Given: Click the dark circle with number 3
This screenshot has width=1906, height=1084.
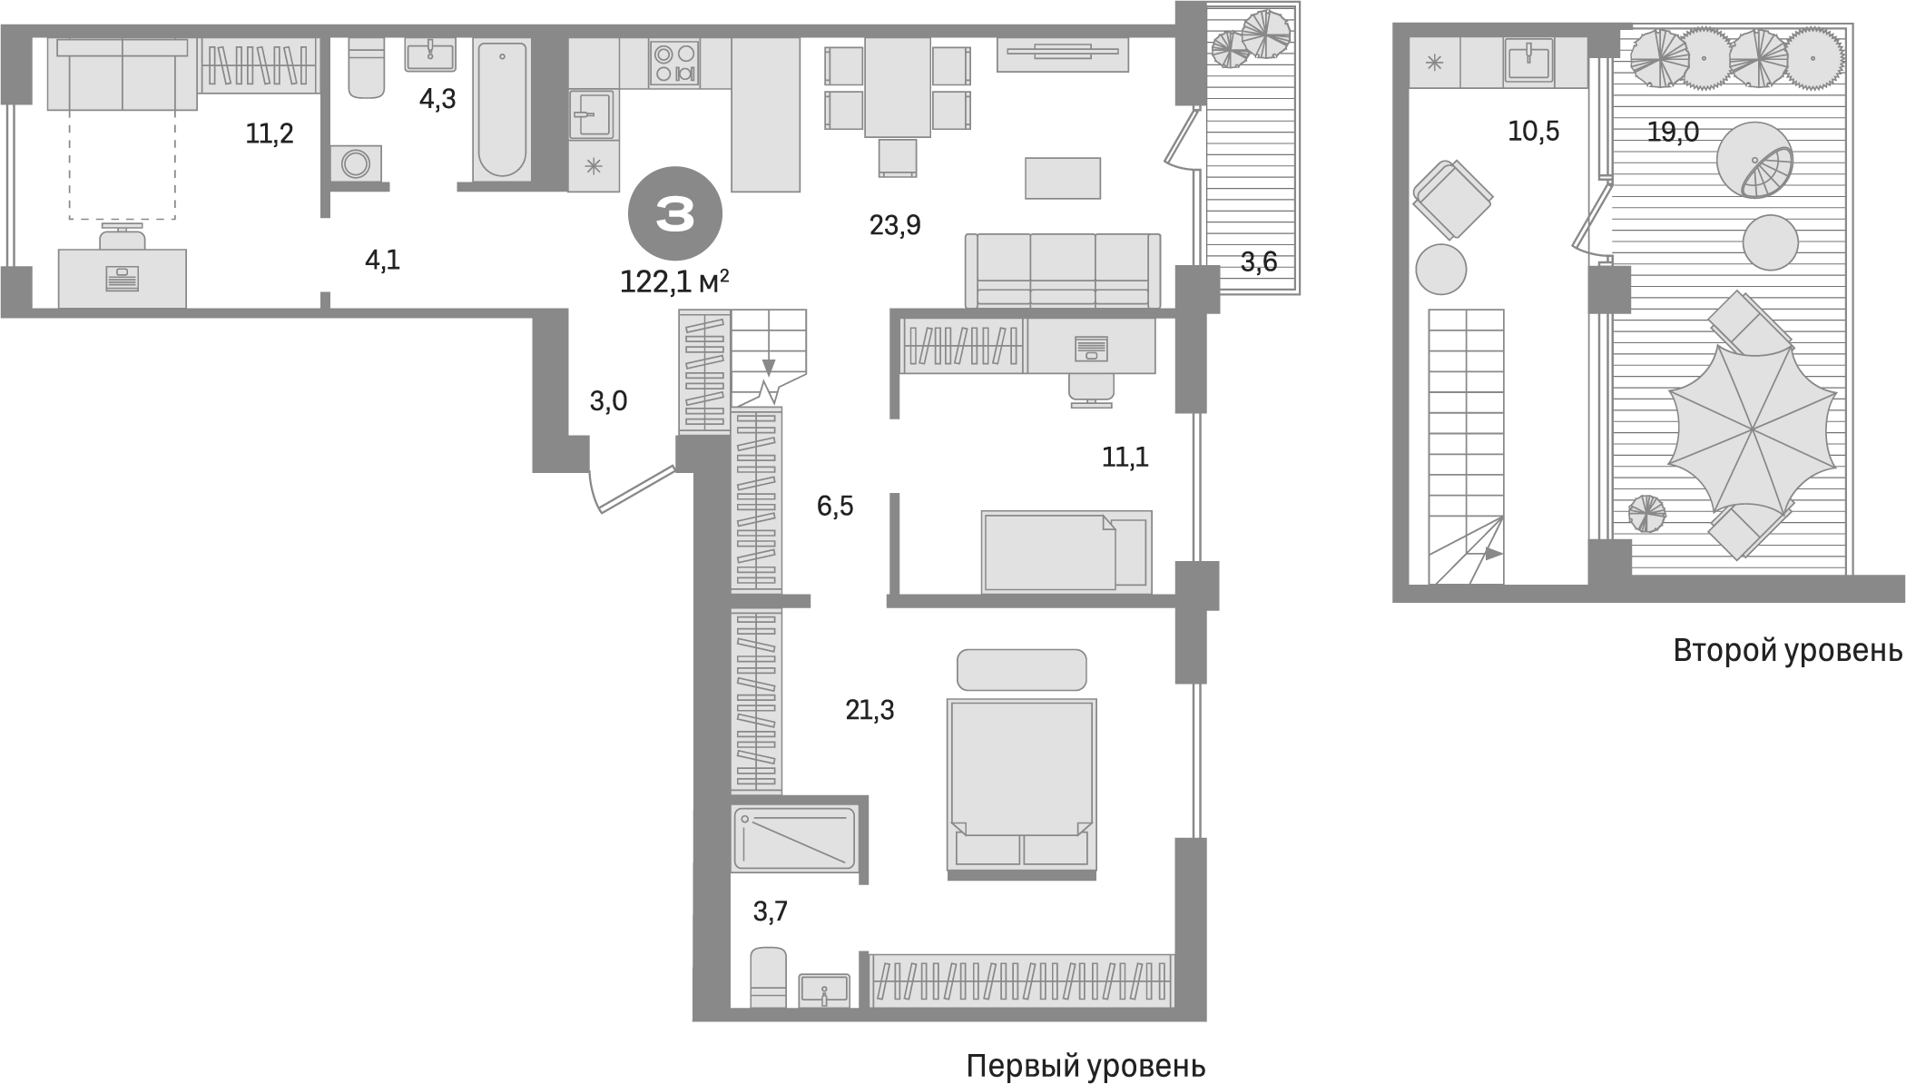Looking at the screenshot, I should pyautogui.click(x=675, y=215).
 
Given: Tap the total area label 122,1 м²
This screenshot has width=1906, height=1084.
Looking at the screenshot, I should pyautogui.click(x=674, y=282).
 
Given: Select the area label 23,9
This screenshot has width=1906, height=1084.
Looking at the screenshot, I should pyautogui.click(x=895, y=224).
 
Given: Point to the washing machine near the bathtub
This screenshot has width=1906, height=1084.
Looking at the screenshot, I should pyautogui.click(x=356, y=164).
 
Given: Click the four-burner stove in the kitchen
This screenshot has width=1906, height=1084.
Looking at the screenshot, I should pyautogui.click(x=674, y=64).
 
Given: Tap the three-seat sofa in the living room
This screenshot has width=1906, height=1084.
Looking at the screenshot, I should pyautogui.click(x=1062, y=271).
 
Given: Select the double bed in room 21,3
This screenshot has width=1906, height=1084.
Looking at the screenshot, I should pyautogui.click(x=1021, y=785).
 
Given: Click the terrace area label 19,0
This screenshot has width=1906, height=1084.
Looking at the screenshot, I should pyautogui.click(x=1673, y=133).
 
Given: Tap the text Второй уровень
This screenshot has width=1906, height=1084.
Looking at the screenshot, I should pyautogui.click(x=1787, y=651).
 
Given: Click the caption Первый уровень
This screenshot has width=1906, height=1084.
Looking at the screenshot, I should pyautogui.click(x=1086, y=1065).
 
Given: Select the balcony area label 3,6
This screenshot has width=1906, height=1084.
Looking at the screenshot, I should pyautogui.click(x=1258, y=262).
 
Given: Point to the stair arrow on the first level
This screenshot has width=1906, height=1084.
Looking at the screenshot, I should pyautogui.click(x=769, y=366).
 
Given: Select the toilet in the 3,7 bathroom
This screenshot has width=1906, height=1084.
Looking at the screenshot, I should pyautogui.click(x=769, y=977).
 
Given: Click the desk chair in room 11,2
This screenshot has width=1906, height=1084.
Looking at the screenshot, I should pyautogui.click(x=122, y=239).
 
